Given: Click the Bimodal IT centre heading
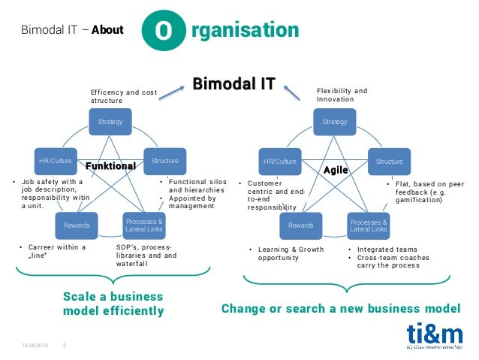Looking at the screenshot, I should pyautogui.click(x=233, y=83).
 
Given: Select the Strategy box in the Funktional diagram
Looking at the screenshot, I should pyautogui.click(x=110, y=121).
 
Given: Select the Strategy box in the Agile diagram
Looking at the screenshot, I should pyautogui.click(x=334, y=122).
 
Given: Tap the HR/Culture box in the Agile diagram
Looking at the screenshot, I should pyautogui.click(x=279, y=161).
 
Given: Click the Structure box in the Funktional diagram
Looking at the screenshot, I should pyautogui.click(x=164, y=161).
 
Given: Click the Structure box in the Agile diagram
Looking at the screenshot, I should pyautogui.click(x=389, y=161).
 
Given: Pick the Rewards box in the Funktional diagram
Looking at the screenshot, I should pyautogui.click(x=76, y=225).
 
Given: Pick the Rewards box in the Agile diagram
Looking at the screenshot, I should pyautogui.click(x=300, y=225).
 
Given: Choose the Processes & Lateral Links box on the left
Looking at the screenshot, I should pyautogui.click(x=144, y=225).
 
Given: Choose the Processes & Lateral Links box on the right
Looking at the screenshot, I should pyautogui.click(x=368, y=225).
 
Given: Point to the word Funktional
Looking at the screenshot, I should pyautogui.click(x=110, y=165).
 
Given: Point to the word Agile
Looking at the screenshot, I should pyautogui.click(x=336, y=170).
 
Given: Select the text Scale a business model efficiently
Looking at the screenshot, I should pyautogui.click(x=113, y=304).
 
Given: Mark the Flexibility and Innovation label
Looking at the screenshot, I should pyautogui.click(x=341, y=95).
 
